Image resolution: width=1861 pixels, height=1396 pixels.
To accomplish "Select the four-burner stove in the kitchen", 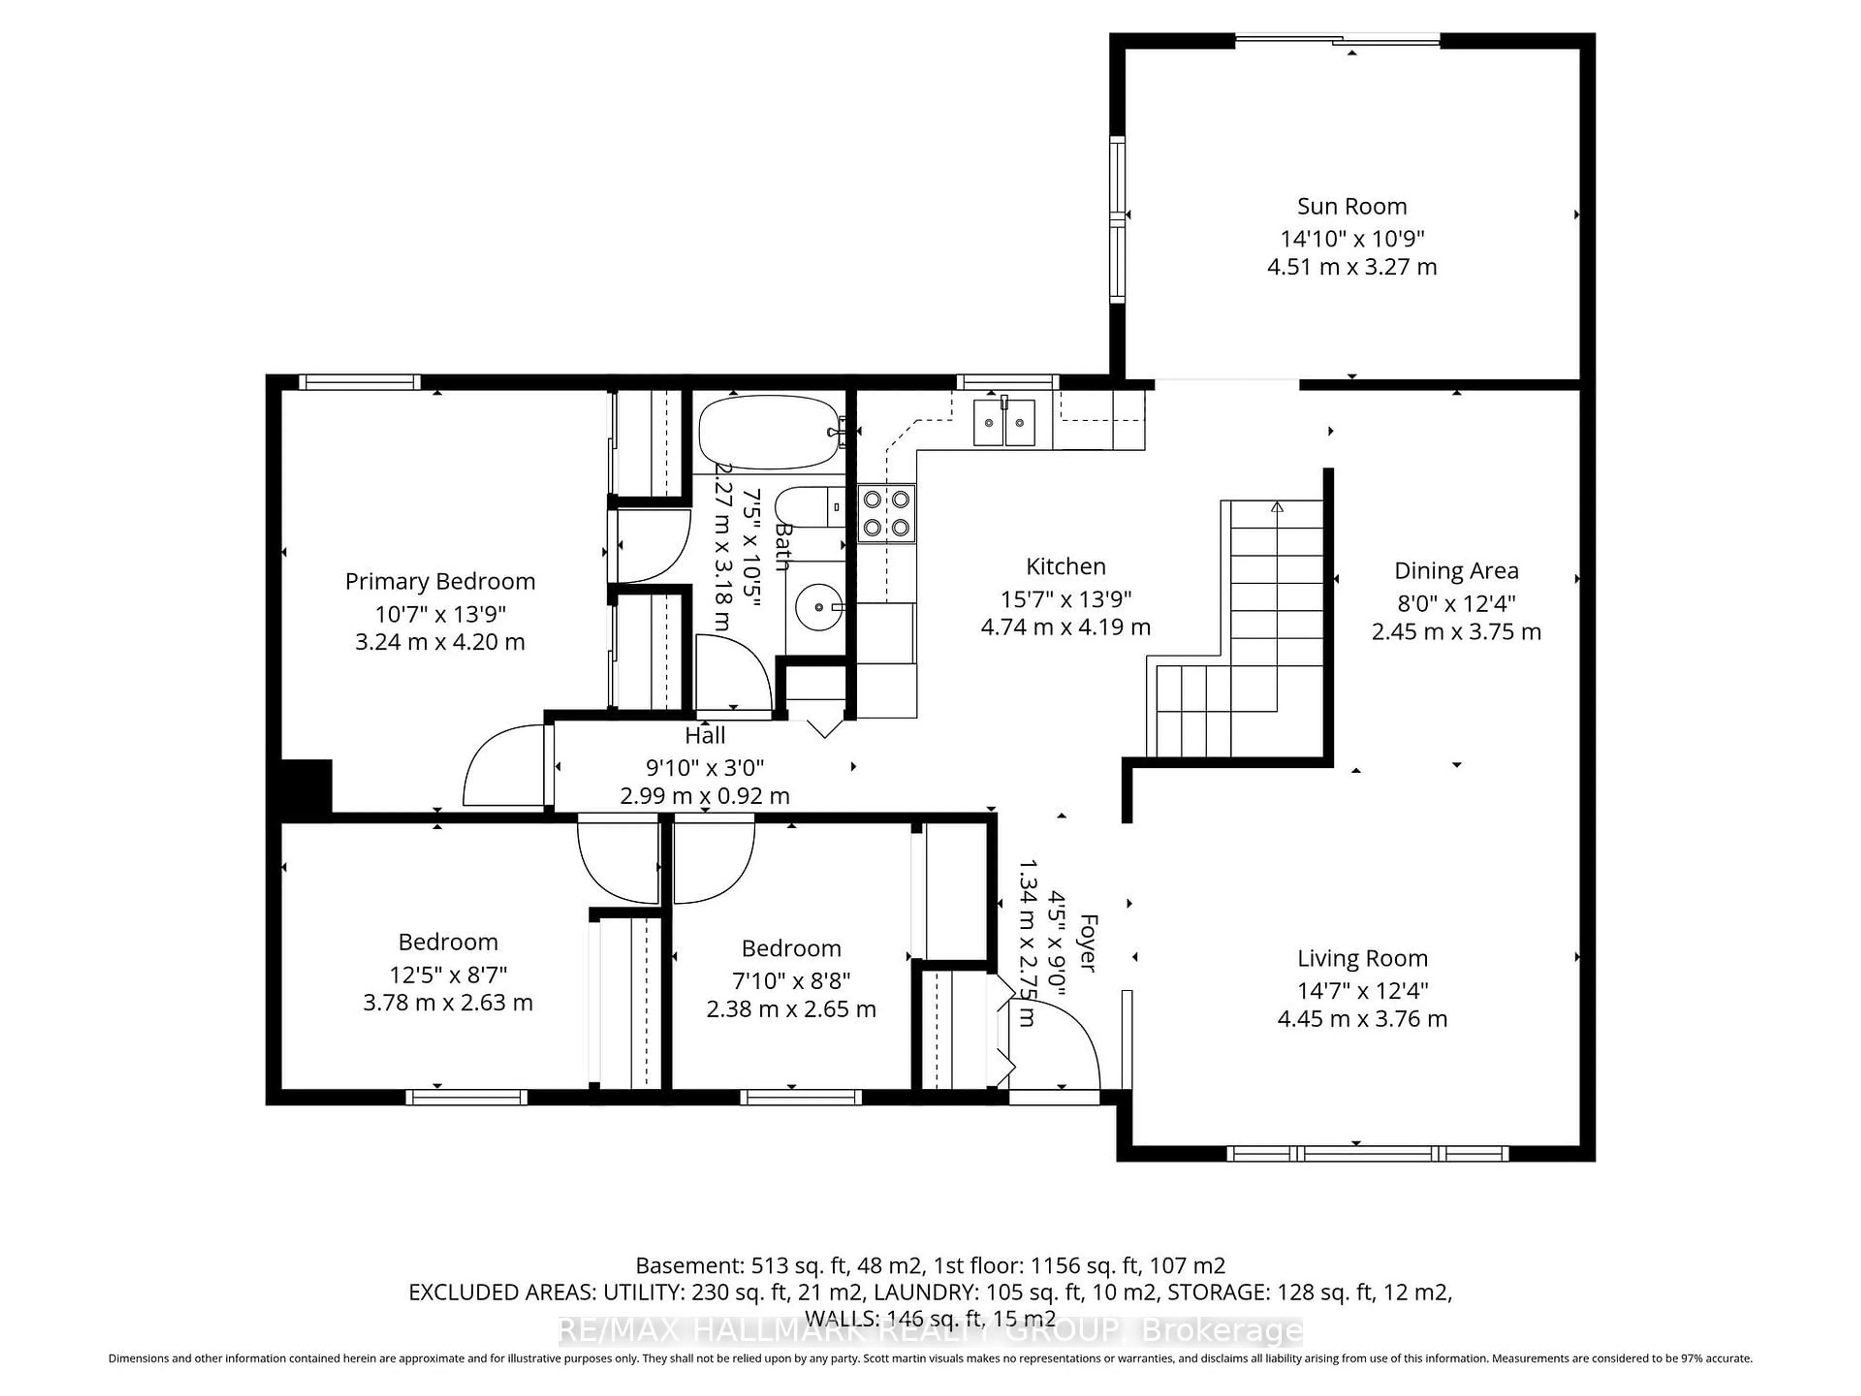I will [x=886, y=513].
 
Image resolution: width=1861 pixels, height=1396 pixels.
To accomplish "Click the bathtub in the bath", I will [x=768, y=432].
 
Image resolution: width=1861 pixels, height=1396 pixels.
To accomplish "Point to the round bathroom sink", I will [x=818, y=607].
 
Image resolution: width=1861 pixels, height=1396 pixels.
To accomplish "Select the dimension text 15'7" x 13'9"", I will [x=1065, y=599].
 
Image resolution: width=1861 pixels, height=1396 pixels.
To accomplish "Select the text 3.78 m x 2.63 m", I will [x=448, y=1003].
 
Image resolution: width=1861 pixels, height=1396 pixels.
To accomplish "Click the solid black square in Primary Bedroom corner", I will [x=305, y=786].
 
